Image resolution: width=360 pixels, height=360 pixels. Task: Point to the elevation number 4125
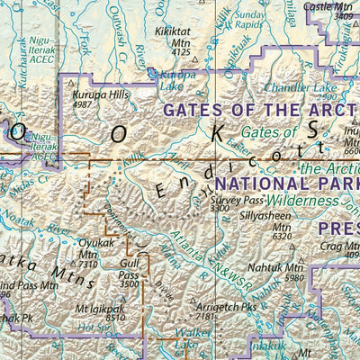pyautogui.click(x=181, y=52)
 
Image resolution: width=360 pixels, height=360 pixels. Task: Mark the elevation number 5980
pyautogui.click(x=294, y=277)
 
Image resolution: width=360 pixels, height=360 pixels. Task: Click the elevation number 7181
pyautogui.click(x=209, y=317)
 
